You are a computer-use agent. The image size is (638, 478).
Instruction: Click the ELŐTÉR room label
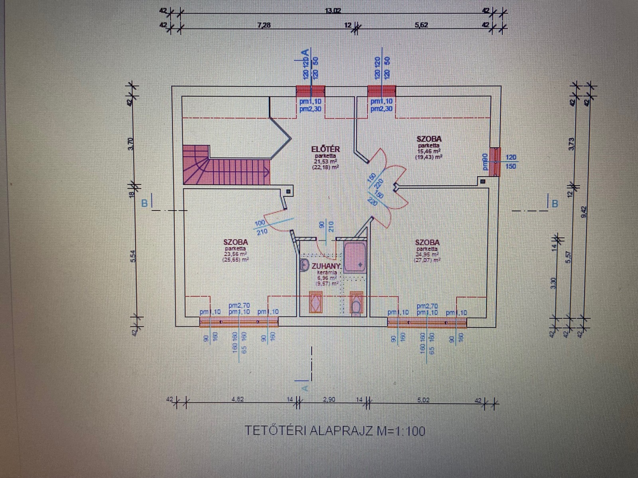point(325,149)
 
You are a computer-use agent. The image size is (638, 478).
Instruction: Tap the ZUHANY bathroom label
point(326,266)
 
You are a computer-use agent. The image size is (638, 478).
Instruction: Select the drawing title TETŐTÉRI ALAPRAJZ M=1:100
point(334,431)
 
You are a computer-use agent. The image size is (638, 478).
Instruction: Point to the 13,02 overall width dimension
point(333,11)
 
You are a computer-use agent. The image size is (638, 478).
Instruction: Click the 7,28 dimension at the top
point(264,25)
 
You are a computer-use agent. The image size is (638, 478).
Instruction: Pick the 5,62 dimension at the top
point(421,25)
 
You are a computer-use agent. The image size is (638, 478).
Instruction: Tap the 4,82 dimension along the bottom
point(237,400)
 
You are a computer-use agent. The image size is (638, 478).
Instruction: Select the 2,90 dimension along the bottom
point(329,400)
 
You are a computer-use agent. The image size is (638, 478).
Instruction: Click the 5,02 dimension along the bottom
point(423,400)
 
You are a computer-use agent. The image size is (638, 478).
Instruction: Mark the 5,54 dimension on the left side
point(134,255)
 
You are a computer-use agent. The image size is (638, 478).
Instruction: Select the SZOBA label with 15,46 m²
point(429,139)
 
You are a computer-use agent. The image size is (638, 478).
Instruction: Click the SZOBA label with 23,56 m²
point(236,242)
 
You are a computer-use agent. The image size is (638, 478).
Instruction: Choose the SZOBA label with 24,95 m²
point(427,242)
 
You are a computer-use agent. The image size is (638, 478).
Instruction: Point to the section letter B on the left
point(144,203)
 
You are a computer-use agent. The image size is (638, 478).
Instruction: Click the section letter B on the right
point(554,204)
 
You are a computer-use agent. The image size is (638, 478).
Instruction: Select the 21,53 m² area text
point(325,161)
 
